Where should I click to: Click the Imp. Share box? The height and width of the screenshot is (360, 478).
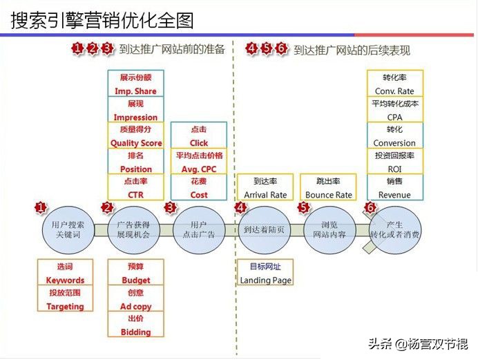pyautogui.click(x=136, y=84)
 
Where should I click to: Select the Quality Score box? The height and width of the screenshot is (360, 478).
pyautogui.click(x=136, y=136)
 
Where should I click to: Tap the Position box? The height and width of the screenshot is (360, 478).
pyautogui.click(x=136, y=162)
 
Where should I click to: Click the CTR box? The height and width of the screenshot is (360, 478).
pyautogui.click(x=136, y=188)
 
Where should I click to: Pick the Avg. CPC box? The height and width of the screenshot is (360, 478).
pyautogui.click(x=199, y=162)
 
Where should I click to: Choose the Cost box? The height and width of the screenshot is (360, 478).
pyautogui.click(x=199, y=188)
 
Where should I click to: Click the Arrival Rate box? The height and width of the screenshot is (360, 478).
pyautogui.click(x=265, y=188)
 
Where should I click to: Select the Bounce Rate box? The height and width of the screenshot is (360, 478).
pyautogui.click(x=328, y=188)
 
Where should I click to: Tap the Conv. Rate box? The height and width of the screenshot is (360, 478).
pyautogui.click(x=394, y=84)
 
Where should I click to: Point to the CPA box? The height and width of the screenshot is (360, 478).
pyautogui.click(x=394, y=110)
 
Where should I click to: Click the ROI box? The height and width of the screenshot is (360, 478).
pyautogui.click(x=394, y=162)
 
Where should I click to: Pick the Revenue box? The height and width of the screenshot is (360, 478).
pyautogui.click(x=394, y=188)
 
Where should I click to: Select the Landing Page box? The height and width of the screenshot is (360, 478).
pyautogui.click(x=265, y=273)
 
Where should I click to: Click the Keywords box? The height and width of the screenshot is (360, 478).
pyautogui.click(x=66, y=273)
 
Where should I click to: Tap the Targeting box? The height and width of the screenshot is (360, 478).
pyautogui.click(x=66, y=299)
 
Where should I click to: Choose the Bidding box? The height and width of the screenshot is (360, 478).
pyautogui.click(x=136, y=325)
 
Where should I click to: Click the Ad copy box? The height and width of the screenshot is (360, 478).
pyautogui.click(x=136, y=299)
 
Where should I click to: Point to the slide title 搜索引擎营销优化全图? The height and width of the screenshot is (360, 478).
pyautogui.click(x=103, y=21)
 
